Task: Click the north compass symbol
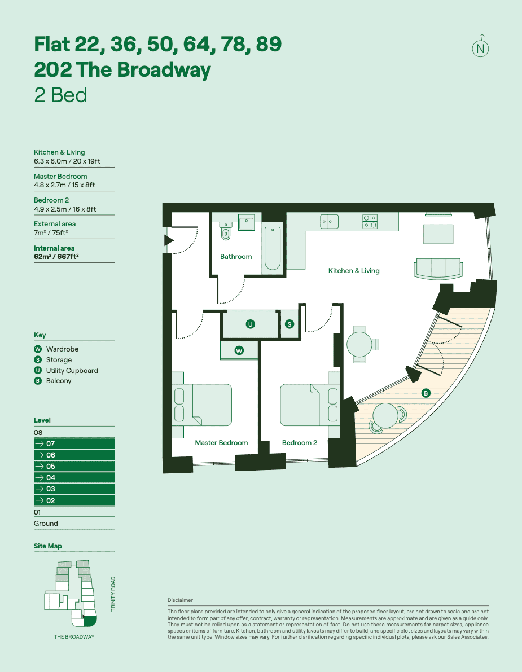click(x=480, y=47)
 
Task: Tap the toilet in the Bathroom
click(x=227, y=230)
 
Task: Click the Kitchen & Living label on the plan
click(x=354, y=271)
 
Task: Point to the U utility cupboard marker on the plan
click(x=250, y=324)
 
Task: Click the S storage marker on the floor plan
click(x=289, y=324)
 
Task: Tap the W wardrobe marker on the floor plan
click(x=239, y=350)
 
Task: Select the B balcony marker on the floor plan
click(x=426, y=393)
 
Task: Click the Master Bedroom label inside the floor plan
click(x=221, y=443)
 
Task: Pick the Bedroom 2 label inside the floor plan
click(x=299, y=443)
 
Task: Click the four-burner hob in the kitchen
click(x=370, y=221)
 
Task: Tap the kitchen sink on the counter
click(x=329, y=222)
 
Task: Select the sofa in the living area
click(x=437, y=268)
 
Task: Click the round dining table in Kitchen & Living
click(x=359, y=344)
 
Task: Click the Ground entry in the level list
click(x=46, y=524)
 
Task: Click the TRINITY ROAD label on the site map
click(x=113, y=594)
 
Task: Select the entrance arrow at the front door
click(x=168, y=241)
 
